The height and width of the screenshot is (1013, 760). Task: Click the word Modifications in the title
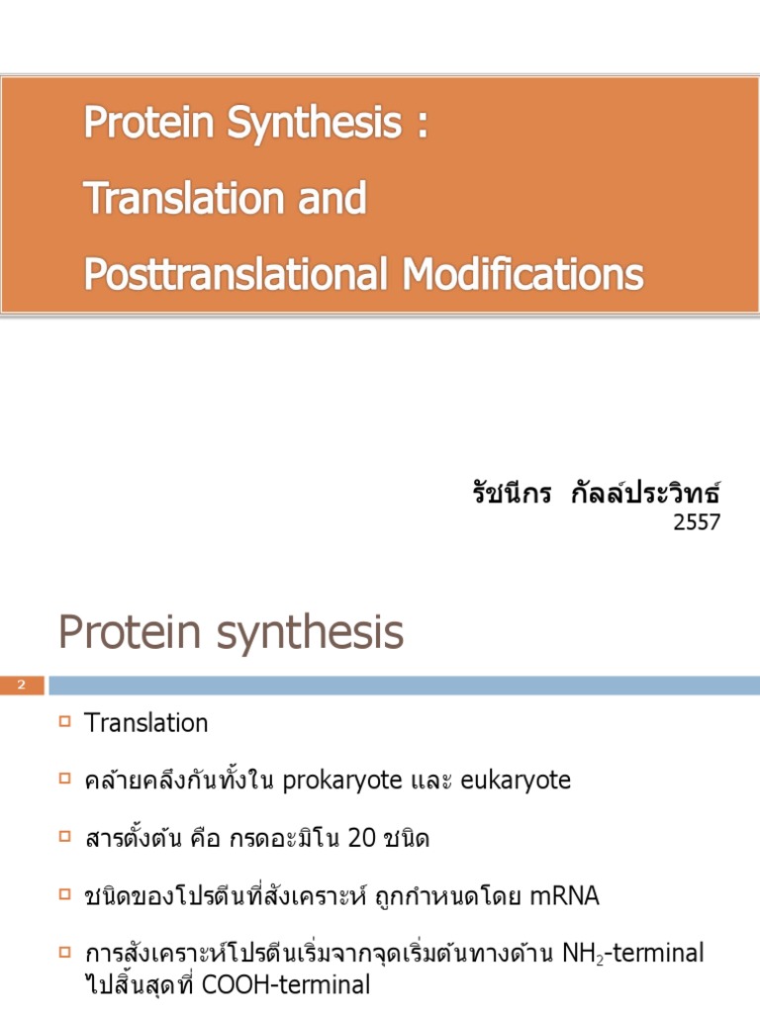point(522,274)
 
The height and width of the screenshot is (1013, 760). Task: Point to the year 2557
point(697,522)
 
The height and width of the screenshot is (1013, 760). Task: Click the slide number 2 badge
point(22,686)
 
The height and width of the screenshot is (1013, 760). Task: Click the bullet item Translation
point(146,723)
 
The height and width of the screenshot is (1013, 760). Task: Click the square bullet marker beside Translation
point(65,722)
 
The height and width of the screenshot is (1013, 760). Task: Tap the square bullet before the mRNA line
point(65,896)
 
